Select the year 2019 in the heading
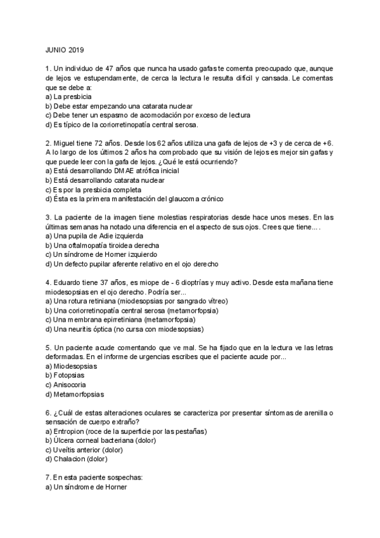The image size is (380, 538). (79, 49)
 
